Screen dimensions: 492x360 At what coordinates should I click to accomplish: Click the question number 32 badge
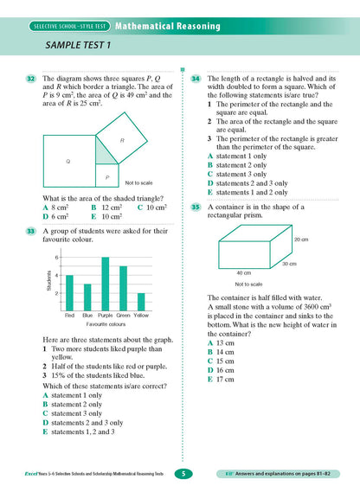[30, 80]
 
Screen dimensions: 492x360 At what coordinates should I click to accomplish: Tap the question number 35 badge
[196, 208]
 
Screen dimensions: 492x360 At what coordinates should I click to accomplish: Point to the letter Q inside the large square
[67, 162]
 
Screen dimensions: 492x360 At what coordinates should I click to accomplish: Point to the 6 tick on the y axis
[57, 258]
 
